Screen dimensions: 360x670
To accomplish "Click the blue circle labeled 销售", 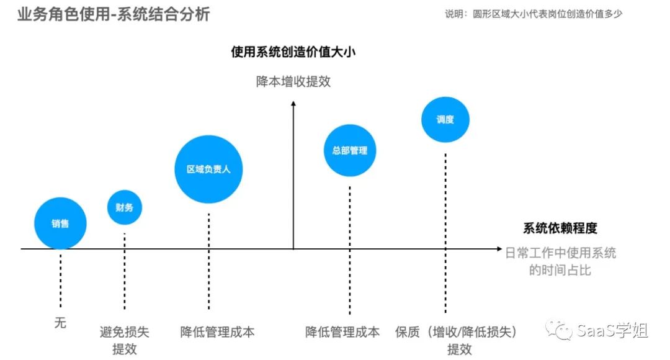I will click(x=60, y=223).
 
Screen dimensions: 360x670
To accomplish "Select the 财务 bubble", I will click(x=124, y=207).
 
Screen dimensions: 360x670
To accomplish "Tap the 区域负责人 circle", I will click(x=208, y=169).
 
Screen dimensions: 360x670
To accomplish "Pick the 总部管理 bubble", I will click(x=350, y=150).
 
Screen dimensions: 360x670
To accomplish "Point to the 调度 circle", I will click(x=445, y=119).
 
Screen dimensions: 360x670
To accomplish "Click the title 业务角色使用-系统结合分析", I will click(x=114, y=14).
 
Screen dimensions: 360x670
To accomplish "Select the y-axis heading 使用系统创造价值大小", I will click(x=293, y=52).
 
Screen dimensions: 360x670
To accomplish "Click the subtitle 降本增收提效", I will click(x=293, y=81).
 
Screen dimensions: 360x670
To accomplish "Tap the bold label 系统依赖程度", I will click(x=560, y=228).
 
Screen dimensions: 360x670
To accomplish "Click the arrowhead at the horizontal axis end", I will click(x=499, y=249).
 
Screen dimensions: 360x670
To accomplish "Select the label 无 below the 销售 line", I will click(x=60, y=323).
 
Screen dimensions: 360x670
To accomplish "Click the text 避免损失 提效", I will click(x=124, y=340).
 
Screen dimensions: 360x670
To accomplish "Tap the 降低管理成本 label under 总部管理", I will click(x=342, y=331).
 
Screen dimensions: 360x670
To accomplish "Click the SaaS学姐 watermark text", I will click(x=612, y=330).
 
